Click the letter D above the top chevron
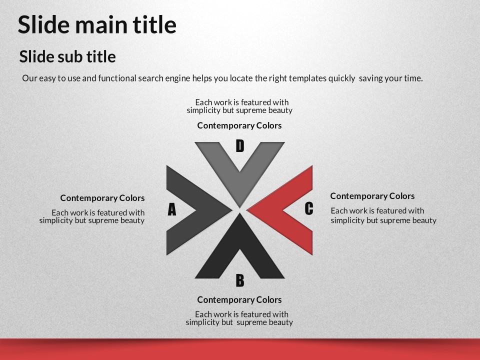pyautogui.click(x=240, y=146)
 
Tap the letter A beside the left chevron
pyautogui.click(x=172, y=209)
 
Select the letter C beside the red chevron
pyautogui.click(x=309, y=209)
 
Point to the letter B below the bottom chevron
pyautogui.click(x=240, y=280)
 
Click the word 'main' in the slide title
pyautogui.click(x=104, y=24)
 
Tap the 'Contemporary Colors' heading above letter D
pyautogui.click(x=239, y=125)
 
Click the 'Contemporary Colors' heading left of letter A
pyautogui.click(x=102, y=198)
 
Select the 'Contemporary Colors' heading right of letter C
pyautogui.click(x=372, y=196)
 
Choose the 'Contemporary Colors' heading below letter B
pyautogui.click(x=239, y=299)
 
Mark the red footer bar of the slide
pyautogui.click(x=240, y=349)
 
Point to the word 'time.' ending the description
pyautogui.click(x=413, y=78)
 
